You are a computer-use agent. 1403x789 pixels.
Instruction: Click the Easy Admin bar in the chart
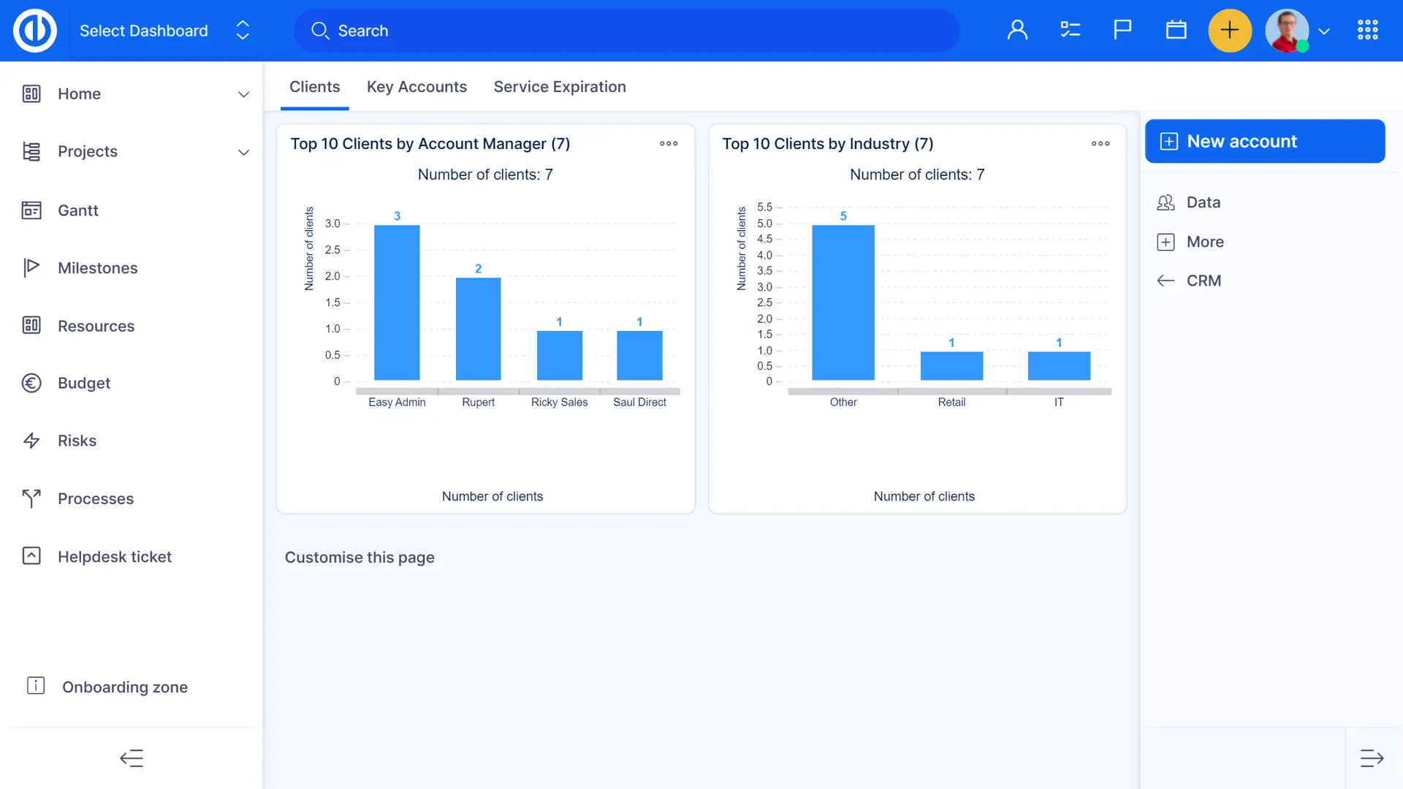(397, 302)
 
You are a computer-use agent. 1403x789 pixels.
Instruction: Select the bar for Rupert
(478, 329)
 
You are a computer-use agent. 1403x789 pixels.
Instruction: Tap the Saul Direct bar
(639, 356)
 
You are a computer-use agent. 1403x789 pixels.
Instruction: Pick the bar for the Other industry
(843, 302)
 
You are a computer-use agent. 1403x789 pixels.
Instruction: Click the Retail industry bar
(951, 366)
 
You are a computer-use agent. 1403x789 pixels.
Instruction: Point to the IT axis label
(1059, 403)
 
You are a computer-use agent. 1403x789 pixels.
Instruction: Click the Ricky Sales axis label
(559, 403)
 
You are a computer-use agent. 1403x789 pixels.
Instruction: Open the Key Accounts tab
(417, 87)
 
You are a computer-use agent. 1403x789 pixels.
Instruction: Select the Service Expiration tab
(560, 87)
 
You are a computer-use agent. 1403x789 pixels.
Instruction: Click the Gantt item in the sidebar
(78, 210)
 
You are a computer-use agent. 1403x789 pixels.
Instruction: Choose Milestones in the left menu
(98, 268)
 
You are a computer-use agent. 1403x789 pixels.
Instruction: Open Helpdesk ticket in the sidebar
(115, 557)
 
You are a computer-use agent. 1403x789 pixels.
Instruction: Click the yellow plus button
(1230, 31)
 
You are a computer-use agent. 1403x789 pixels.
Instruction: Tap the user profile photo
(1287, 31)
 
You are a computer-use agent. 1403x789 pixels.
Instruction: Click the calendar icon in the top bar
(1176, 31)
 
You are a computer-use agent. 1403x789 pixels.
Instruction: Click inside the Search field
(628, 31)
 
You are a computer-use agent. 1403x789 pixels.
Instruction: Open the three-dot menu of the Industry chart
(1100, 144)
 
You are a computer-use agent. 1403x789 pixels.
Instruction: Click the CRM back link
(1203, 281)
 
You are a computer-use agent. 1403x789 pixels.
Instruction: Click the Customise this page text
(360, 557)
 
